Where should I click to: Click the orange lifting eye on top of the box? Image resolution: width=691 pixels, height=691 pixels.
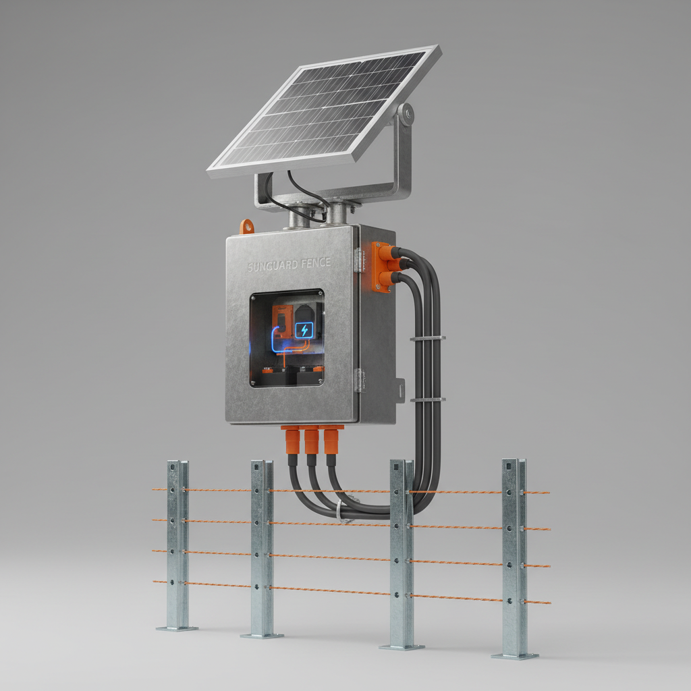[248, 226]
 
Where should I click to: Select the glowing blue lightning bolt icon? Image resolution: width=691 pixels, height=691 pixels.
[304, 330]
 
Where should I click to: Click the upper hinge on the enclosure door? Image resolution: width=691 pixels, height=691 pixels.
[359, 260]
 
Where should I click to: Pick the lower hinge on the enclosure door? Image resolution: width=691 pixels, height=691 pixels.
[359, 380]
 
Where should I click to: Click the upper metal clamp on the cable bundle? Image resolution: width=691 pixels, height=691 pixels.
[427, 337]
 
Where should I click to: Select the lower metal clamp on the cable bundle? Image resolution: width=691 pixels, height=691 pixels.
[427, 399]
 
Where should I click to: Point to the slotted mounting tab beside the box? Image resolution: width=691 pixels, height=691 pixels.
[400, 389]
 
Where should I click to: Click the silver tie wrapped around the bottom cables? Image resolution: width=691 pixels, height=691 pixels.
[345, 520]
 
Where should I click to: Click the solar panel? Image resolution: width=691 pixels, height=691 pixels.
[324, 111]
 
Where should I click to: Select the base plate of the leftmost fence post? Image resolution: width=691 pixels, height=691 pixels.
[177, 628]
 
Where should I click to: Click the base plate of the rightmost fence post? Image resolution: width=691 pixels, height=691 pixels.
[515, 655]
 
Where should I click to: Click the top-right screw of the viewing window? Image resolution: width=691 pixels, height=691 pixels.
[320, 294]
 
